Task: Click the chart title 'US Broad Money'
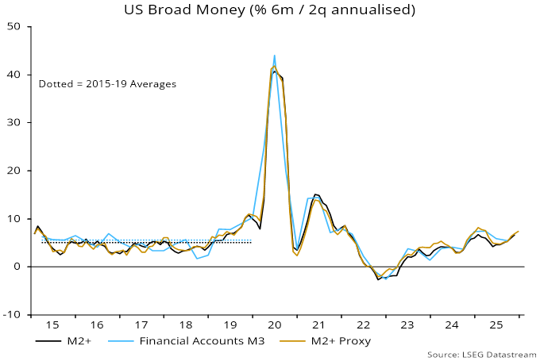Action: (269, 10)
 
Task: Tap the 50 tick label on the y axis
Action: (13, 26)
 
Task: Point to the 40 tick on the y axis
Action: (13, 75)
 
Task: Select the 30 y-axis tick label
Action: (13, 122)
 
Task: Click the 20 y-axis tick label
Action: (13, 171)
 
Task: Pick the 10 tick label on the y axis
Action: (13, 218)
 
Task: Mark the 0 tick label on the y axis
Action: (17, 267)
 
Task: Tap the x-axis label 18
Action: (185, 325)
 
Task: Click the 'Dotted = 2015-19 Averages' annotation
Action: (107, 83)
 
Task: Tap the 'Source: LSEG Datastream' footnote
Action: (479, 354)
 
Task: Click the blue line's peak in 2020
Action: (274, 56)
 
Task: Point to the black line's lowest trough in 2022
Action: (378, 279)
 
